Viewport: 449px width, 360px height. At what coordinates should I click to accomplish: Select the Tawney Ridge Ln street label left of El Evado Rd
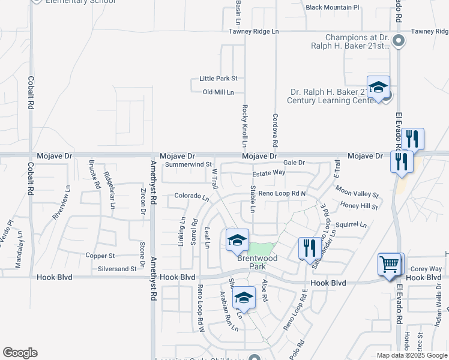[254, 31]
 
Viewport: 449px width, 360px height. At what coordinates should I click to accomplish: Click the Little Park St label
[218, 79]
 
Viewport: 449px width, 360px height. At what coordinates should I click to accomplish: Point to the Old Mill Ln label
[218, 92]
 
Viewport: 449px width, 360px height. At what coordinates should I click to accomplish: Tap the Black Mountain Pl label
[332, 8]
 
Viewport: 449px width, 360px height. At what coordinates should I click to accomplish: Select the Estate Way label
[268, 173]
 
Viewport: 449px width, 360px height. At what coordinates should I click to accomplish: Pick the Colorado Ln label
[191, 196]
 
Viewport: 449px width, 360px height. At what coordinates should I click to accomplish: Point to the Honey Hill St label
[359, 206]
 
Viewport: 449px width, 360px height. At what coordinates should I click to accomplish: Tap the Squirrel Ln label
[351, 225]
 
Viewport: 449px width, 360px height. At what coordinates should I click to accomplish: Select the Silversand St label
[117, 269]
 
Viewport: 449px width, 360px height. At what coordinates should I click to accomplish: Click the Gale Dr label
[294, 163]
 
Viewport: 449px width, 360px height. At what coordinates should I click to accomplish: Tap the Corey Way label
[426, 269]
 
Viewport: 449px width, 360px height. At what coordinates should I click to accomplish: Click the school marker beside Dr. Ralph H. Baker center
[379, 88]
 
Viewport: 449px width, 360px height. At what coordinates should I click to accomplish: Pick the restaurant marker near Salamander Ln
[309, 249]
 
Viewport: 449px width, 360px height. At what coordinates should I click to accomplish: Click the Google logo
[20, 353]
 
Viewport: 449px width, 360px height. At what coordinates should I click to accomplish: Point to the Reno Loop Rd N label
[282, 194]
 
